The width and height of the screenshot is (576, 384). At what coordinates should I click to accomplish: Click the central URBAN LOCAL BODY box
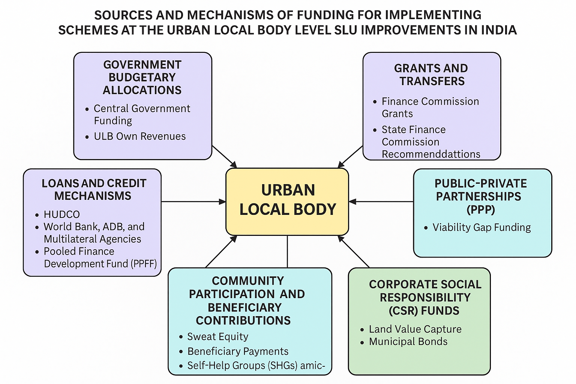287,202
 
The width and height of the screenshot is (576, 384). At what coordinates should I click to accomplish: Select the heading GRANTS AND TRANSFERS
431,75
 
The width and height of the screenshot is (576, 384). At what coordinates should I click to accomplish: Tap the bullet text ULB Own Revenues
139,136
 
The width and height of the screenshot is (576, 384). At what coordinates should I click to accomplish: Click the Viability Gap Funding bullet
481,227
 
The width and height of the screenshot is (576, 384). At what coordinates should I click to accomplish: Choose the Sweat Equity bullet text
218,336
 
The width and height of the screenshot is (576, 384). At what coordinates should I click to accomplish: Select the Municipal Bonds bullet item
408,342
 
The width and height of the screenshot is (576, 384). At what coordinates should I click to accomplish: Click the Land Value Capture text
415,329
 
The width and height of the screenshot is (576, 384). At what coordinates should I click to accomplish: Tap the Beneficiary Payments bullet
238,351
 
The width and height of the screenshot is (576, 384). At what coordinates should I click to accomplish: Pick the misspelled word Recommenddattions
431,154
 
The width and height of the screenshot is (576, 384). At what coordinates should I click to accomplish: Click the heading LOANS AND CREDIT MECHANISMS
94,189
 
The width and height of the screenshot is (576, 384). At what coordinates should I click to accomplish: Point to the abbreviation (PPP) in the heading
481,209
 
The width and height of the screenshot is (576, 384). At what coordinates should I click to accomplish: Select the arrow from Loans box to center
193,202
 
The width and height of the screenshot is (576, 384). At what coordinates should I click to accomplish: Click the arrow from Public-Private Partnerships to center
381,202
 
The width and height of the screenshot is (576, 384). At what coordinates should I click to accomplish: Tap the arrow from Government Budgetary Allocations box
224,157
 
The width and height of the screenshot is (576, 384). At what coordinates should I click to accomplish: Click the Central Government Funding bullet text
142,115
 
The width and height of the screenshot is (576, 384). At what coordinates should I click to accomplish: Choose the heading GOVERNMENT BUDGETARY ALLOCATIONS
142,77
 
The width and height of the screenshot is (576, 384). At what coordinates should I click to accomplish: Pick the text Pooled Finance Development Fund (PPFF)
100,258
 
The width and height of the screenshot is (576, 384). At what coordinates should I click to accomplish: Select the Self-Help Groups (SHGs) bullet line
256,366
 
